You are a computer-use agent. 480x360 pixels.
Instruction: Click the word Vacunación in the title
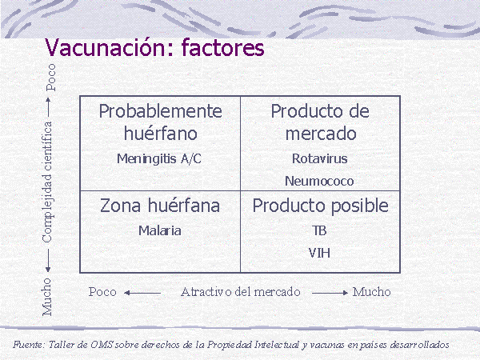coord(110,47)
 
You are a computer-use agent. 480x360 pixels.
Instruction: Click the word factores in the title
coord(223,47)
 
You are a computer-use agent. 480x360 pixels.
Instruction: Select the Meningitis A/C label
coord(159,158)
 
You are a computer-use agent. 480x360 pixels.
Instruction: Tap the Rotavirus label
coord(319,158)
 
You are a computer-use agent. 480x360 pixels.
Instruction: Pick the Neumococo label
coord(319,181)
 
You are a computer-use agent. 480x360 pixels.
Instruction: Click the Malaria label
coord(160,230)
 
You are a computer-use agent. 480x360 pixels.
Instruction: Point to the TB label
coord(319,230)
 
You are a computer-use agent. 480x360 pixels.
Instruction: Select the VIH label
coord(319,253)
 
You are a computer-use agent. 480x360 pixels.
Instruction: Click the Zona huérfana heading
coord(160,205)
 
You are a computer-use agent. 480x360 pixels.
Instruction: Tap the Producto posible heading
coord(320,206)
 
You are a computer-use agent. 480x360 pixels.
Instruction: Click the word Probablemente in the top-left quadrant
coord(161,111)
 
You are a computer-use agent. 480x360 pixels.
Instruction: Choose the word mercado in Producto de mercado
coord(321,134)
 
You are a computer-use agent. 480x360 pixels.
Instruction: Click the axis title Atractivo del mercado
coord(241,292)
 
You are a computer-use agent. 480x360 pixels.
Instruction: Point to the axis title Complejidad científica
coord(48,182)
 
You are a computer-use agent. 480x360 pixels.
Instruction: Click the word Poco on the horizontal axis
coord(102,292)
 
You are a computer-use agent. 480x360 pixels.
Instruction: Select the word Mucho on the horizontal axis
coord(372,292)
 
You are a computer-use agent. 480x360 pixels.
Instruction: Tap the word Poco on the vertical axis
coord(51,78)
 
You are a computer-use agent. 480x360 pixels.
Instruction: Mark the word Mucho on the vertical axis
coord(47,297)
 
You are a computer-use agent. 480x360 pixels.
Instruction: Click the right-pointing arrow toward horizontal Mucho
coord(330,293)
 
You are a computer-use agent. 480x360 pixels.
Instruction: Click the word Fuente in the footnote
coord(28,345)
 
